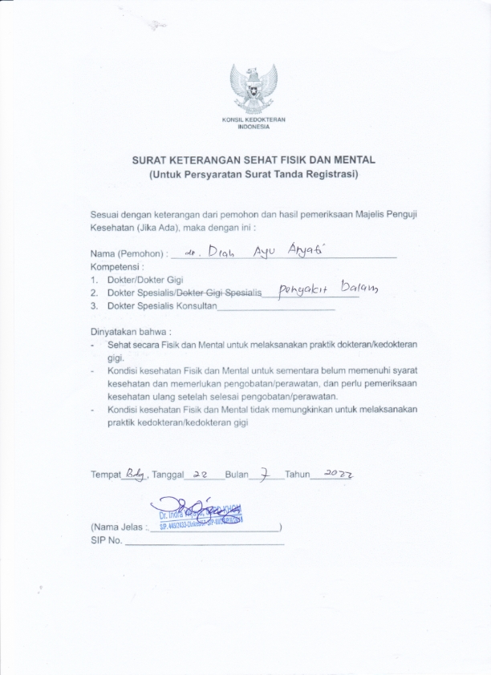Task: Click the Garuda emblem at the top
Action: (x=254, y=88)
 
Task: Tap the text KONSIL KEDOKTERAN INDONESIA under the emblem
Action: (x=254, y=123)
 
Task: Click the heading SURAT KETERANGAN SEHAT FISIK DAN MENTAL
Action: (x=254, y=160)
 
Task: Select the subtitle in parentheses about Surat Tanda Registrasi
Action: (x=254, y=174)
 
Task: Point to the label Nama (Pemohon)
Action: (x=128, y=254)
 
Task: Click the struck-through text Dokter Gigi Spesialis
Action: (x=225, y=293)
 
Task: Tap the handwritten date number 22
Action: (x=201, y=474)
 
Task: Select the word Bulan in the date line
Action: (x=237, y=475)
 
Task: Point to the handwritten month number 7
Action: (x=263, y=474)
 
